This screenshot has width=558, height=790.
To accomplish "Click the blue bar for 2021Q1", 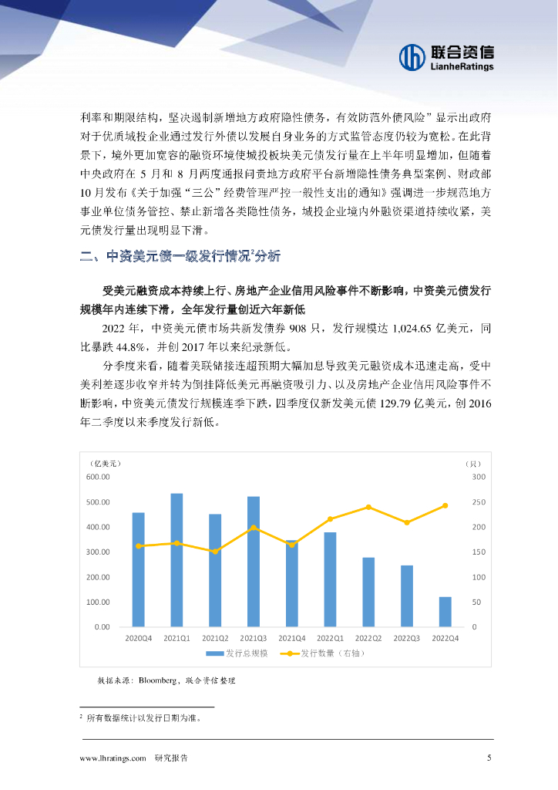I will click(176, 559).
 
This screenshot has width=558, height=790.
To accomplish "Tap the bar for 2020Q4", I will click(139, 569).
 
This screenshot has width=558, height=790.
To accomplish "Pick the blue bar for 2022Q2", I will click(368, 592).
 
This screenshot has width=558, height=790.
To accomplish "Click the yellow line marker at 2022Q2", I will click(368, 507).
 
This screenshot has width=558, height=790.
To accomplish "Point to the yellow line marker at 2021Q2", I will click(215, 552).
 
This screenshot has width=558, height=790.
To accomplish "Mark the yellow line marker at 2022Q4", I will click(445, 505).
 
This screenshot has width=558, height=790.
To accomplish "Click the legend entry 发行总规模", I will click(237, 653).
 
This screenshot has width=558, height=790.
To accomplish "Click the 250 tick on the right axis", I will click(478, 502).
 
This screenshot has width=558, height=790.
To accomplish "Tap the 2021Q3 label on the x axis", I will click(254, 638).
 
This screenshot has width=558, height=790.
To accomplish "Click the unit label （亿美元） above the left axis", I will click(106, 463).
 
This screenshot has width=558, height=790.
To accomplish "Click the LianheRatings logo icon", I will click(412, 56).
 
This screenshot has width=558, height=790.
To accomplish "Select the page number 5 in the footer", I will click(489, 758).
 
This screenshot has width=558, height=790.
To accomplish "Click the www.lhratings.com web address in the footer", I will click(113, 758).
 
